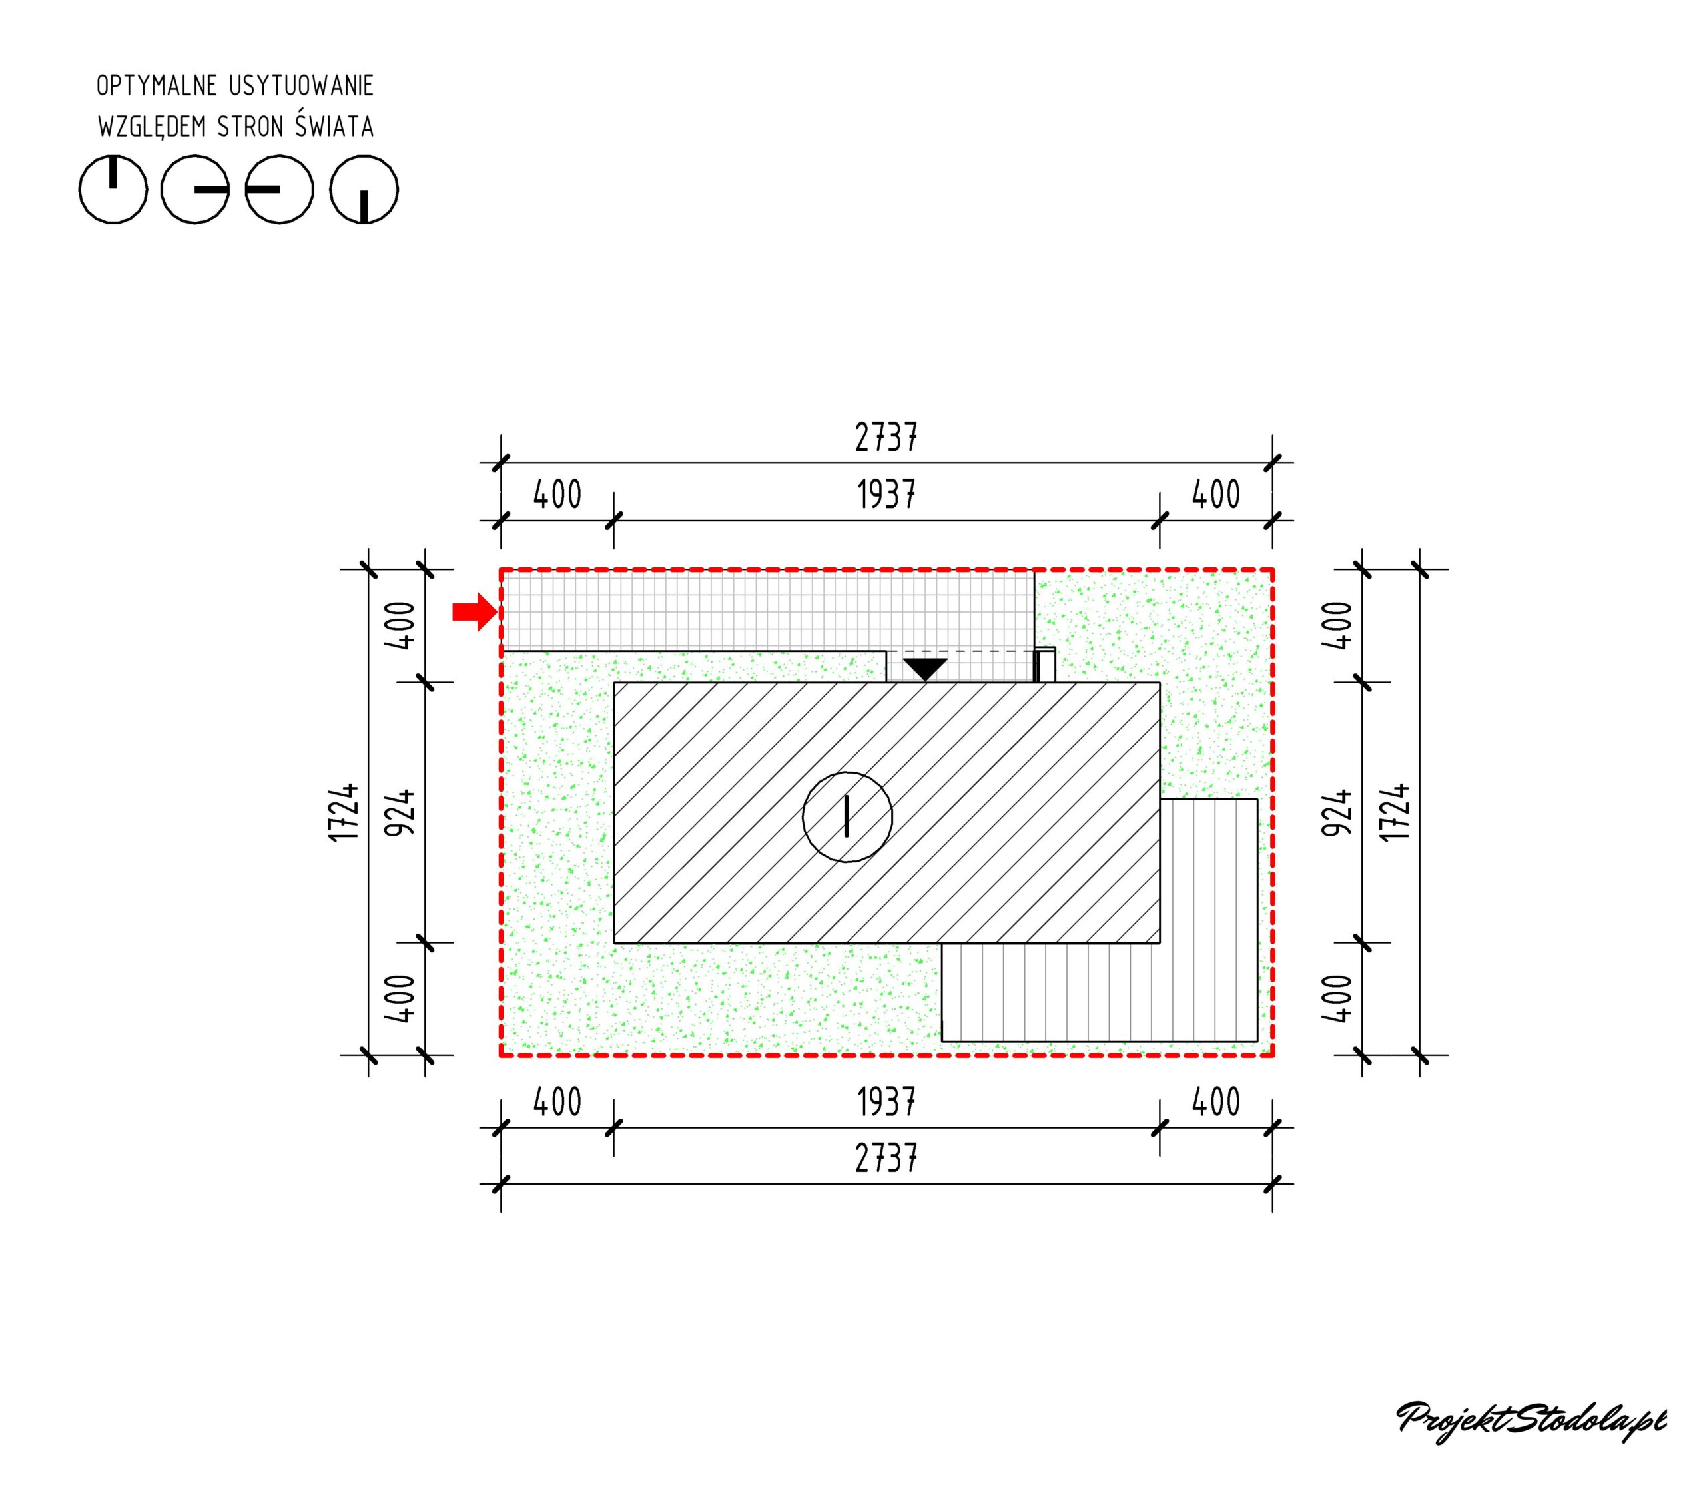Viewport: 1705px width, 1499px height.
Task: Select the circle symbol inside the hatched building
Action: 847,816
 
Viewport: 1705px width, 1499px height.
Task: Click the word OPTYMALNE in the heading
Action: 157,86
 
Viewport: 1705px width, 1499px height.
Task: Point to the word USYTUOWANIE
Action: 301,86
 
